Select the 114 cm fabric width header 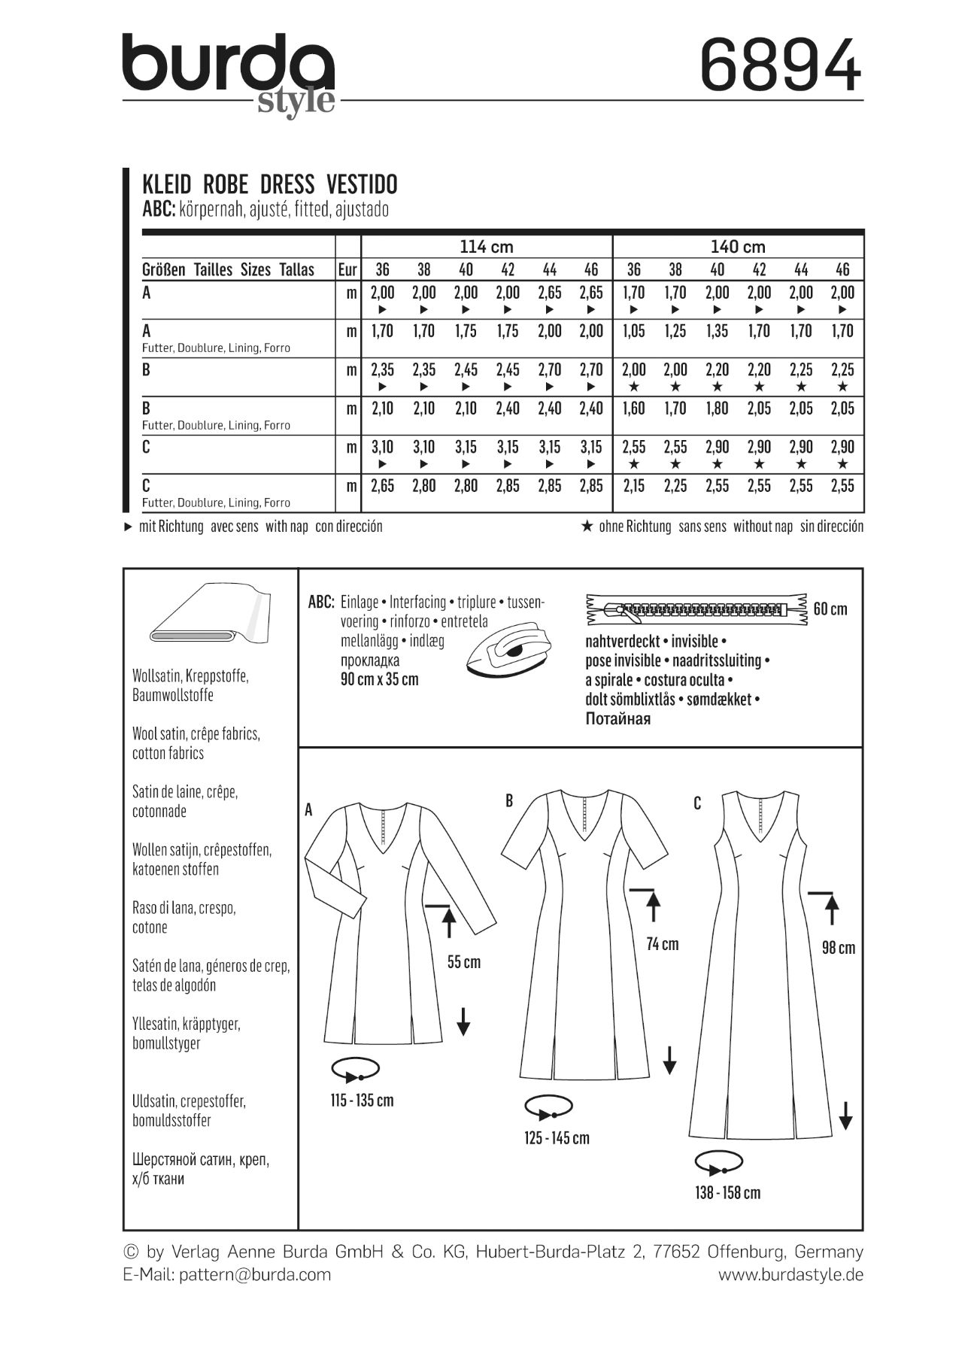486,247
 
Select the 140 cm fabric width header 738,247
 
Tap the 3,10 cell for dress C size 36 383,447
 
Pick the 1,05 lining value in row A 633,331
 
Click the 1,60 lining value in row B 633,408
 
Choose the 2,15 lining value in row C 633,486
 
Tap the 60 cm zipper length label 830,609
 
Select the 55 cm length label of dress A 463,962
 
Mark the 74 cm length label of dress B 663,944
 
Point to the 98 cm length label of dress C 839,948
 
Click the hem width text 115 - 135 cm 362,1101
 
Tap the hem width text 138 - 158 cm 727,1193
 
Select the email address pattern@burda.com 255,1274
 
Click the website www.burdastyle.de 790,1274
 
